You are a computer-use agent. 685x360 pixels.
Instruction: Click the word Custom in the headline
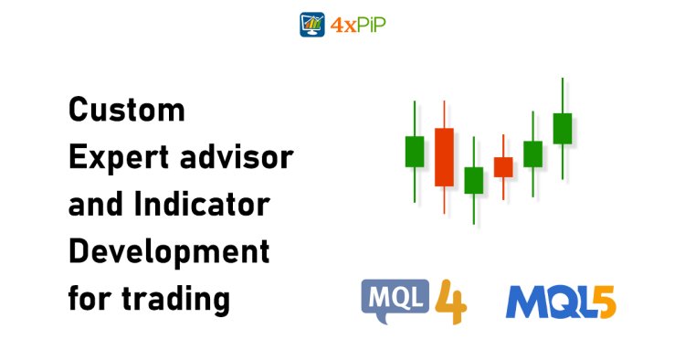tap(127, 111)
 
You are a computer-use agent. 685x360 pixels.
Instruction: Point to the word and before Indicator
tap(97, 205)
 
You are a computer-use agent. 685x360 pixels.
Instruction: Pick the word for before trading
tap(90, 299)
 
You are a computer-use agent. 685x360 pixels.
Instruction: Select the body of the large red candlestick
tap(444, 156)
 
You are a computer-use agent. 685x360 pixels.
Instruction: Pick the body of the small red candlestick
tap(503, 166)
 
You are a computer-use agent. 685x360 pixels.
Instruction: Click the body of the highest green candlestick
tap(563, 128)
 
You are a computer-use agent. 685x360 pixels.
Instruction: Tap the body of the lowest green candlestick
tap(473, 180)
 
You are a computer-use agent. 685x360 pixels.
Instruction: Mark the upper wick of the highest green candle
tap(563, 96)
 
